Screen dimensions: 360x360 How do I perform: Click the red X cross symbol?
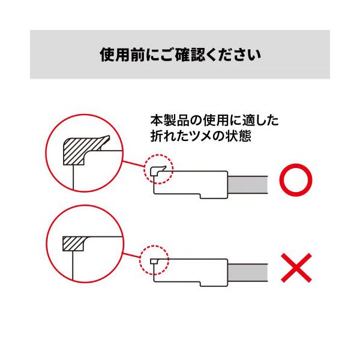pyautogui.click(x=296, y=268)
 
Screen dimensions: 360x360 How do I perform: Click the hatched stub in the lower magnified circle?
pyautogui.click(x=73, y=244)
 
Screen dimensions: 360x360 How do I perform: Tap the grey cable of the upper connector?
pyautogui.click(x=248, y=185)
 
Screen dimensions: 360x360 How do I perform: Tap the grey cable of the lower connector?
pyautogui.click(x=248, y=272)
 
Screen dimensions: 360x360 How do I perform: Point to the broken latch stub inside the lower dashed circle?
pyautogui.click(x=154, y=261)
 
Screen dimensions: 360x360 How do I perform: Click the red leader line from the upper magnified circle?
pyautogui.click(x=133, y=164)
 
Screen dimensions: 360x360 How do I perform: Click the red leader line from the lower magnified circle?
pyautogui.click(x=132, y=256)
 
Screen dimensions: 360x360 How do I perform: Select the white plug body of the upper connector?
pyautogui.click(x=191, y=184)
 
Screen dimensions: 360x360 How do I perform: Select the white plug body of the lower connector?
pyautogui.click(x=191, y=272)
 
